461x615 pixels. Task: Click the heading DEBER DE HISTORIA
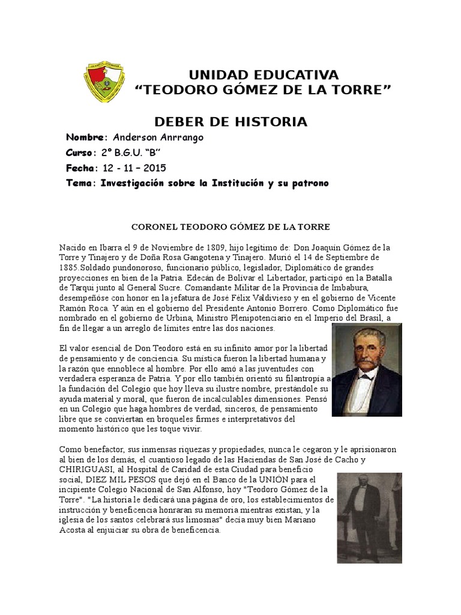coord(230,122)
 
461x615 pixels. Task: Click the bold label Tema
coord(80,183)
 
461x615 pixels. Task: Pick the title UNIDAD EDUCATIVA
coord(264,75)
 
